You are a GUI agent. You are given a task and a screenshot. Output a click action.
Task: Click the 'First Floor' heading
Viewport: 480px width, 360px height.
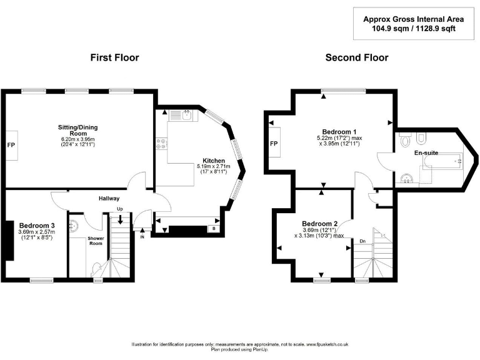click(x=114, y=57)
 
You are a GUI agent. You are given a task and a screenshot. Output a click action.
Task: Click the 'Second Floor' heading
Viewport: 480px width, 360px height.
click(x=356, y=57)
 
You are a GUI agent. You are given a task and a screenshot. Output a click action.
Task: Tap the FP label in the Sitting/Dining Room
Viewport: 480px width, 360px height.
click(x=11, y=145)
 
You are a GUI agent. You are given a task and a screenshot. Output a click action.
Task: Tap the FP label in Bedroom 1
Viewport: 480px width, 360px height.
click(x=273, y=144)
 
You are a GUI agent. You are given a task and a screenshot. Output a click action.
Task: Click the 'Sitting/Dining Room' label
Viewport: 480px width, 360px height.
click(x=79, y=131)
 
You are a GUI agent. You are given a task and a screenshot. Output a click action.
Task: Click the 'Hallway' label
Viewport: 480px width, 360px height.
click(x=109, y=199)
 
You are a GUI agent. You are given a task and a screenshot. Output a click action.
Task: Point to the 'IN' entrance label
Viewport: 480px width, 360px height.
click(x=142, y=237)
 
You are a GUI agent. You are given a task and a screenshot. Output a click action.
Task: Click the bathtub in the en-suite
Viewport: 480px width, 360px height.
click(x=442, y=164)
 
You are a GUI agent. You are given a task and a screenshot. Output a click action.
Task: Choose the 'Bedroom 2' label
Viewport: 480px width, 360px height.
click(x=319, y=224)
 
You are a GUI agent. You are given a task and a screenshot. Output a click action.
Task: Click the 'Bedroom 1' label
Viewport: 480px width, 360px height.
click(x=336, y=131)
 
